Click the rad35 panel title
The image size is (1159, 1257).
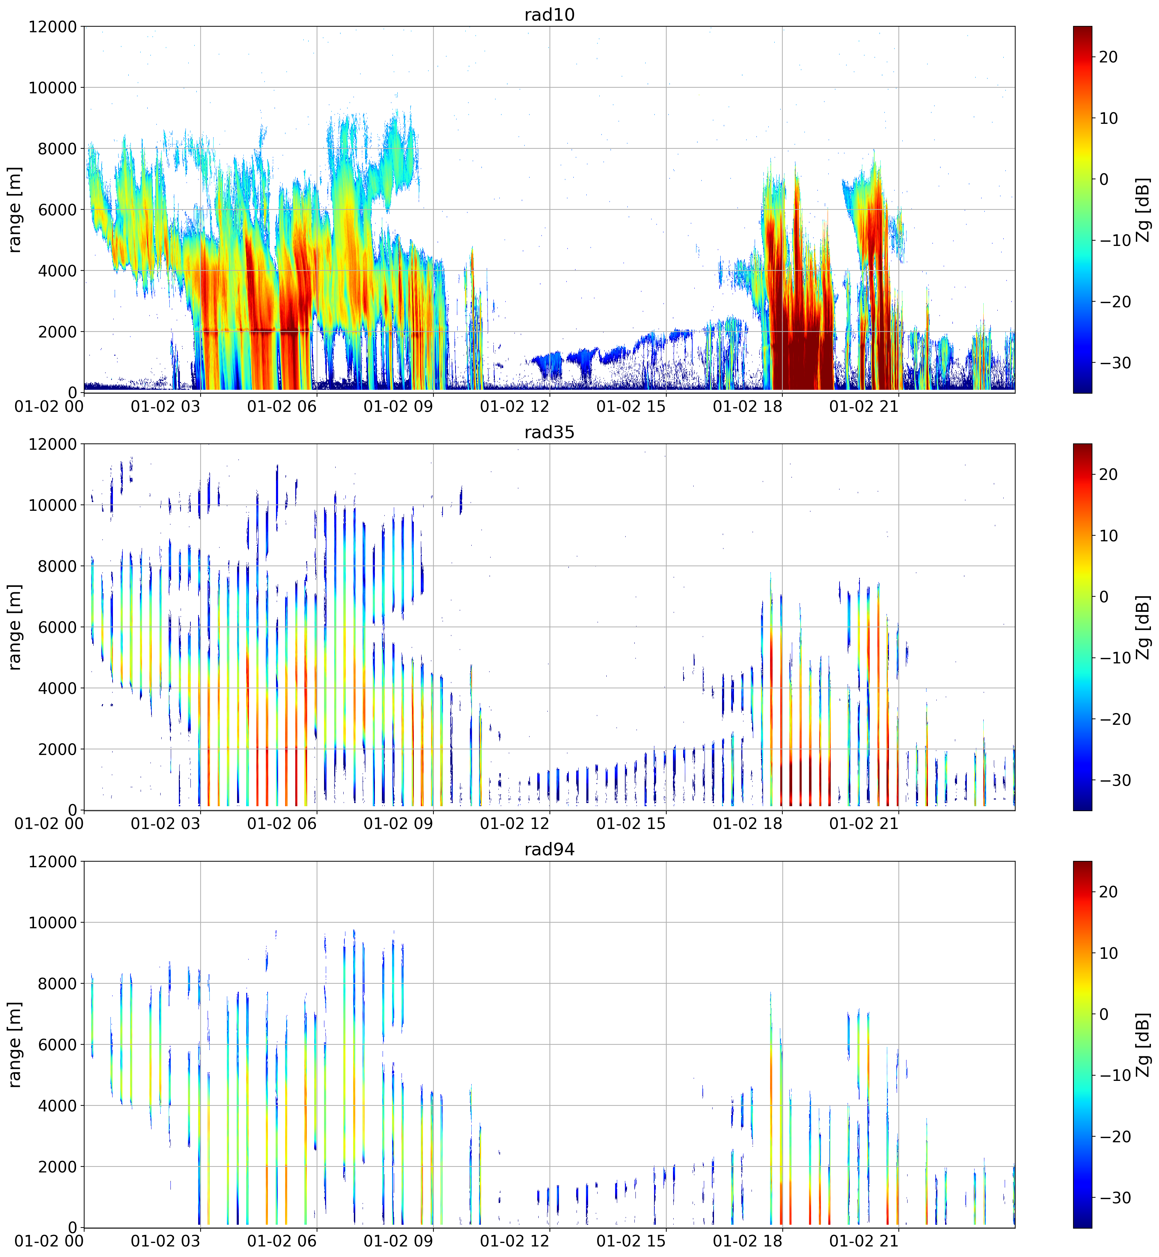[x=550, y=432]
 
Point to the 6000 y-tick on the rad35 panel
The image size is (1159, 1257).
[x=56, y=627]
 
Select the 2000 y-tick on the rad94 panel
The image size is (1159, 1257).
[x=56, y=1166]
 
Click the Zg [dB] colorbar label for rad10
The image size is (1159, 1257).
[x=1143, y=209]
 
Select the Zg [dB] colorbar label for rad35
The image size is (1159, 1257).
[x=1143, y=627]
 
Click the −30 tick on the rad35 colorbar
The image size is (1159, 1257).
[x=1113, y=780]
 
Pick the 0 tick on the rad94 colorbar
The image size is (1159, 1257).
[x=1104, y=1014]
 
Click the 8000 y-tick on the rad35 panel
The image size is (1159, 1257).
[x=56, y=566]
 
